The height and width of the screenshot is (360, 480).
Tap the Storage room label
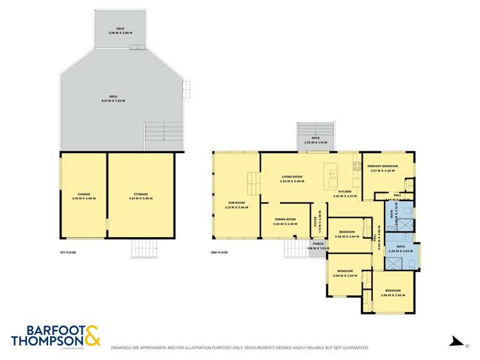point(141,194)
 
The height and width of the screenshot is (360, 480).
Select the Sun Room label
point(236,202)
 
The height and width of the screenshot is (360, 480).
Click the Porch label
point(317,244)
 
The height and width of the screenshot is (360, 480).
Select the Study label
point(315,222)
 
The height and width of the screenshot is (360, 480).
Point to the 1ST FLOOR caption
point(67,252)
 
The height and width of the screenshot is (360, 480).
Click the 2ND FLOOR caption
point(219,252)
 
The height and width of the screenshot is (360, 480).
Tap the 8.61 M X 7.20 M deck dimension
point(113,101)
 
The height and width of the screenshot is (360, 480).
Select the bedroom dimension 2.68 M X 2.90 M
point(390,295)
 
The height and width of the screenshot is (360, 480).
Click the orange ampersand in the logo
point(91,336)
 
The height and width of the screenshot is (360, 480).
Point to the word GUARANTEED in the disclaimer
point(354,348)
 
